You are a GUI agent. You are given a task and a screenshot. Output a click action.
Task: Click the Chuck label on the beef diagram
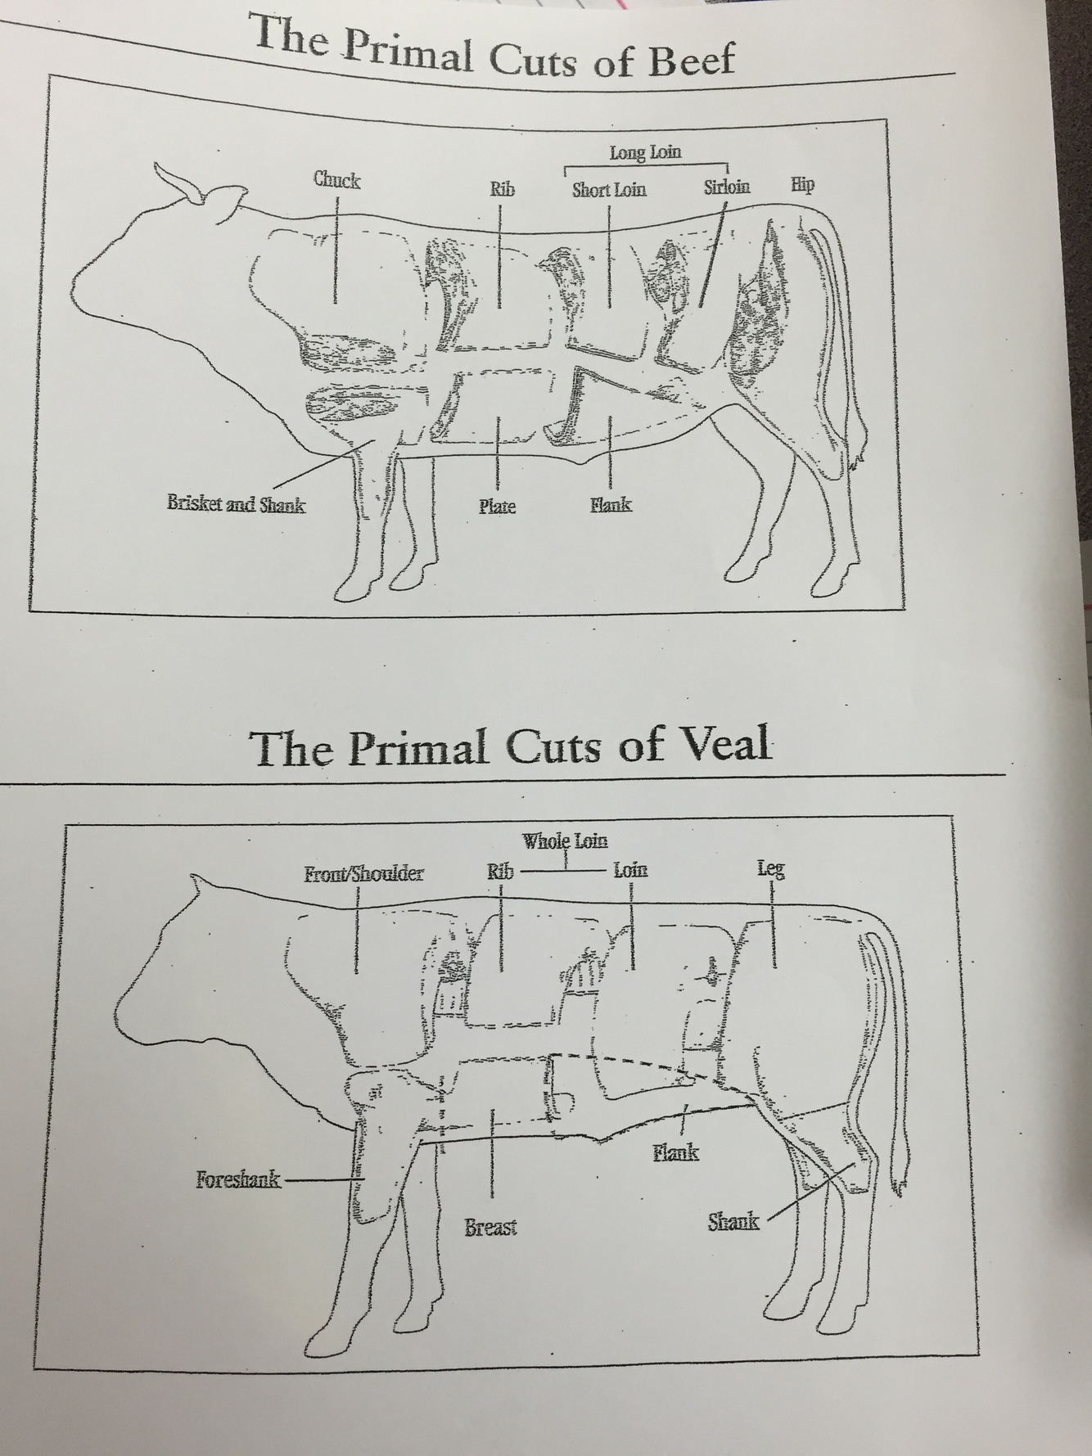(x=336, y=180)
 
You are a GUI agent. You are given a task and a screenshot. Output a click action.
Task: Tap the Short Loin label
(x=608, y=190)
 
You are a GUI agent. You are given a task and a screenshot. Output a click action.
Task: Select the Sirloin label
(x=726, y=187)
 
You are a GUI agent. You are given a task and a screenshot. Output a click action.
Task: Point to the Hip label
(x=802, y=184)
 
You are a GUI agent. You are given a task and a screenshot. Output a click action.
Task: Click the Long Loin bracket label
(x=645, y=152)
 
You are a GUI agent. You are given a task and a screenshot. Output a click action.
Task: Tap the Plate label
(x=497, y=507)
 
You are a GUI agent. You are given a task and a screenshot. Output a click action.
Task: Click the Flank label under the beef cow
(x=611, y=505)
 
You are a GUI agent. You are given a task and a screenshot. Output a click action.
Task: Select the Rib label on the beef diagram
(x=502, y=189)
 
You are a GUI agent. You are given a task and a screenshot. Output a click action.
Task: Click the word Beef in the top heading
(x=691, y=60)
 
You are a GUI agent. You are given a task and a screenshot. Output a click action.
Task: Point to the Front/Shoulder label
(x=363, y=874)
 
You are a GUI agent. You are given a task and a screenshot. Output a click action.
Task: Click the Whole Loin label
(x=566, y=841)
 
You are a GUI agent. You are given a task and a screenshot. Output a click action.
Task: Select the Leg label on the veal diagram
(x=770, y=868)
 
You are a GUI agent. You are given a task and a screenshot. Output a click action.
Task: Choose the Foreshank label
(x=237, y=1179)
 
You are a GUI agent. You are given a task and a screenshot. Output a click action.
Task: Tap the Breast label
(x=490, y=1228)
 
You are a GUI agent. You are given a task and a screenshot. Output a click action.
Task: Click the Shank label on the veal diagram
(x=733, y=1222)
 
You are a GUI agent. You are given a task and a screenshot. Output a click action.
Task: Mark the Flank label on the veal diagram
(x=675, y=1153)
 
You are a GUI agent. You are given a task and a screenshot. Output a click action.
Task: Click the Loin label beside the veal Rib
(x=630, y=869)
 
